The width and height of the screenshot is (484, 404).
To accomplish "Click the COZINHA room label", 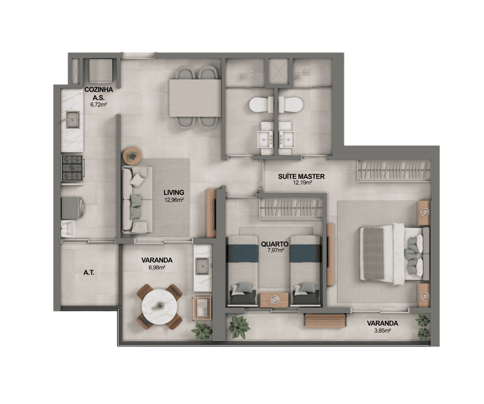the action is [99, 90].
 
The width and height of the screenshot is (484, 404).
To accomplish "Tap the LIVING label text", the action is [174, 192].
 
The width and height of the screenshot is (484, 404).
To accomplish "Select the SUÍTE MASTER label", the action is [301, 177].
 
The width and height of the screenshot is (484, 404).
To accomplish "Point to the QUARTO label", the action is [274, 244].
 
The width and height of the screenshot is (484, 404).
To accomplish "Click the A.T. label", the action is [89, 272].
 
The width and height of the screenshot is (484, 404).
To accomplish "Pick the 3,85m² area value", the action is [382, 330].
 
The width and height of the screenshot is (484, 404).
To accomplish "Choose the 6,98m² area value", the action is [157, 267].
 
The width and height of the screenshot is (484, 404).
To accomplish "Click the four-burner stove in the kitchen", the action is [72, 168].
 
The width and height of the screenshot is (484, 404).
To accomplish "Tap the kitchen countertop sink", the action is [73, 120].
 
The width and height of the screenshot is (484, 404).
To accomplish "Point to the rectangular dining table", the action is [195, 98].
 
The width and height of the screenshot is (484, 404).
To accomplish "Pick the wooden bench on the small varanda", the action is [325, 321].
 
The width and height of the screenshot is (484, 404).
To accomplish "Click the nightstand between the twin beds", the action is [274, 300].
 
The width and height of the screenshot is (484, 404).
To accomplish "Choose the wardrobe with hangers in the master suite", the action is [394, 171].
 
